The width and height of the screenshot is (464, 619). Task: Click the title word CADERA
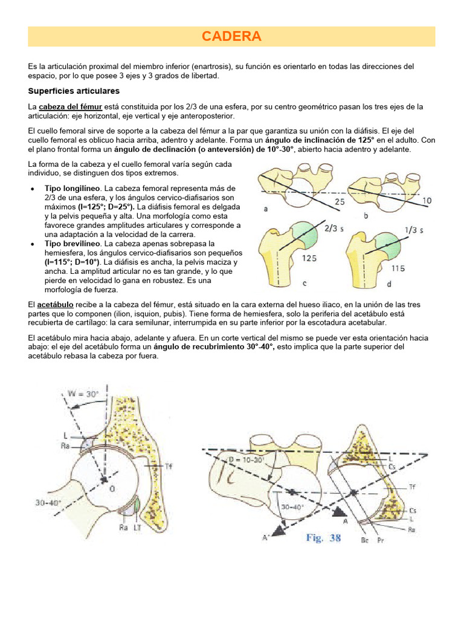231,36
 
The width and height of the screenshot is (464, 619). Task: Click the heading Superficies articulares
74,91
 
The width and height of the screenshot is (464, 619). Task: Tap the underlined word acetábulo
57,304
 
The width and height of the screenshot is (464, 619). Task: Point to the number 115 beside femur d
398,268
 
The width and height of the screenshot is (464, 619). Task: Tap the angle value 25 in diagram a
339,201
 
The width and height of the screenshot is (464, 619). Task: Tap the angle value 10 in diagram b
427,201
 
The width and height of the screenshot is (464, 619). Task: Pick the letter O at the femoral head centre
111,489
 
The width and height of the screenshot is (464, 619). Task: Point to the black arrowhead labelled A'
277,531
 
